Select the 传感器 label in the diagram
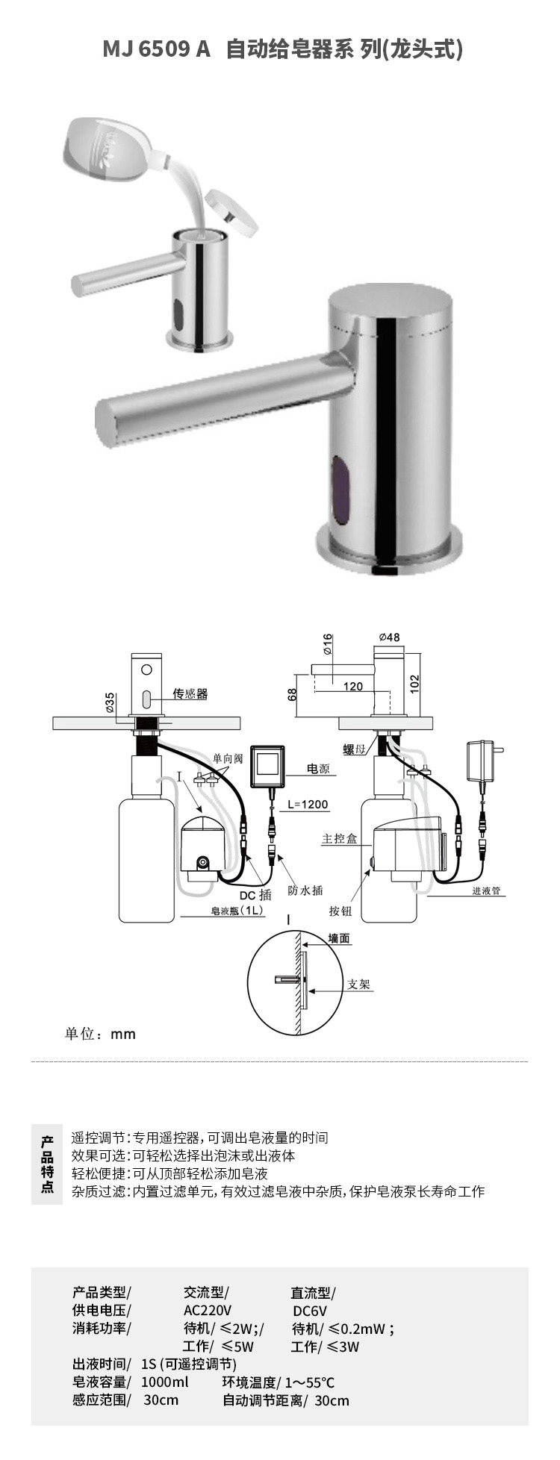tap(190, 693)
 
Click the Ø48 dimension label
tap(389, 637)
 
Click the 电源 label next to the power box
tap(317, 768)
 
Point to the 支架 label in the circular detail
tap(359, 984)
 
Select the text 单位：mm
tap(100, 1034)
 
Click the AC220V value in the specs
tap(207, 1311)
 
